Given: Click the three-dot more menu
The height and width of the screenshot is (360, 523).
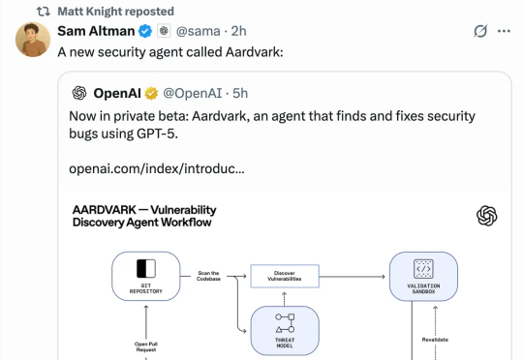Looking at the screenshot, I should tap(504, 31).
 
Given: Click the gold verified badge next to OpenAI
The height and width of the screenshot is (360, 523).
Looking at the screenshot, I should tap(151, 93).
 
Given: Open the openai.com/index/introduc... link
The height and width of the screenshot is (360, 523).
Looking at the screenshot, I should tap(156, 168).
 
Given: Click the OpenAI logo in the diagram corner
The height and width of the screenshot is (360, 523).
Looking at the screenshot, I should tap(486, 216).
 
